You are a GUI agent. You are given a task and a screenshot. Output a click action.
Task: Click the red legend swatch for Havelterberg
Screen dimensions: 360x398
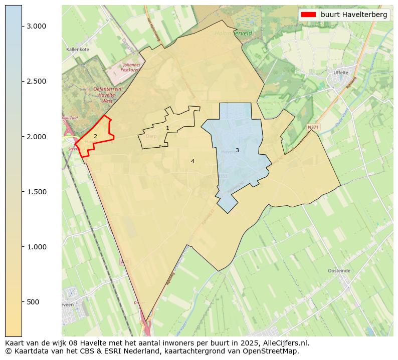[308, 15]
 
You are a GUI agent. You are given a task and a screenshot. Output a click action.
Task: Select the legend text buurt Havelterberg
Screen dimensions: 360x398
[354, 15]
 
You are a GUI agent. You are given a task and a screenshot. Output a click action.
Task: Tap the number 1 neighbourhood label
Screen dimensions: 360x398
[167, 128]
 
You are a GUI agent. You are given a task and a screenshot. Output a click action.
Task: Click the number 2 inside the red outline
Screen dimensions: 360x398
[95, 136]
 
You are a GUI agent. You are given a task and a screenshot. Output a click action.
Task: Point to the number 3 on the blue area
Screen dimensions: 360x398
[237, 150]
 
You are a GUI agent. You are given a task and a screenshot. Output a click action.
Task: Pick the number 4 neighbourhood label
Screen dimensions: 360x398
[192, 161]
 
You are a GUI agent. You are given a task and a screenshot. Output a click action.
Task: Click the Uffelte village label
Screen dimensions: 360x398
[340, 73]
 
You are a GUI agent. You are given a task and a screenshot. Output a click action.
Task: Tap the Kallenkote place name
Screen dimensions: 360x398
[78, 50]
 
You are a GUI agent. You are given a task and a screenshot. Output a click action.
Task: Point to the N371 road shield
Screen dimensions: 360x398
[313, 127]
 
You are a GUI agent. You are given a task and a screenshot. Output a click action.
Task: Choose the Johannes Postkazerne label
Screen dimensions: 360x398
[131, 67]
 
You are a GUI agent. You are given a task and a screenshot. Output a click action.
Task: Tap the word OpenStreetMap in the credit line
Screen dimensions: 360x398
[271, 351]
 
